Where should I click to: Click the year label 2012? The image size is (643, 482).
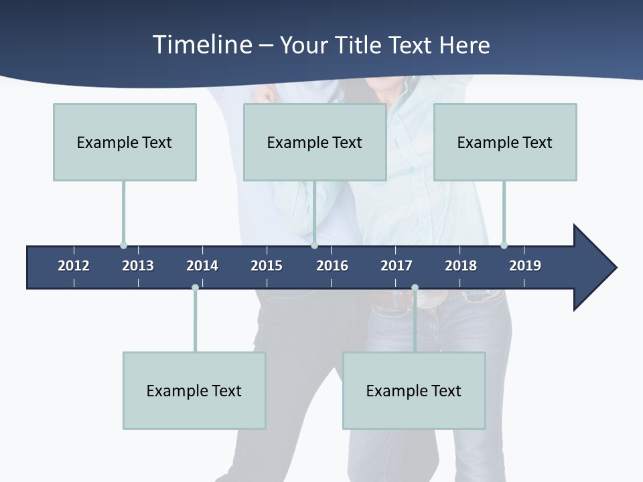coord(74,266)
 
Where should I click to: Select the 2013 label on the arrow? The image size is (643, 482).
coord(138,266)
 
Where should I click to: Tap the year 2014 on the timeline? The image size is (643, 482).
coord(202,266)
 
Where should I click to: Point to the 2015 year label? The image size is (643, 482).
coord(267,266)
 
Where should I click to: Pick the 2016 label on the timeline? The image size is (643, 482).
coord(332,266)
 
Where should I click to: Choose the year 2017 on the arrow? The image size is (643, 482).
coord(397,266)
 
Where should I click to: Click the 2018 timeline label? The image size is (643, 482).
coord(461,266)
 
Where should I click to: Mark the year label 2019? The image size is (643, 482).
coord(525,266)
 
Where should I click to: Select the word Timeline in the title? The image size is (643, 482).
coord(202,45)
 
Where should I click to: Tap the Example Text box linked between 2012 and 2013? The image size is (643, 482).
coord(125,142)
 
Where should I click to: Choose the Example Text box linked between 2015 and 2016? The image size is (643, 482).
coord(315,142)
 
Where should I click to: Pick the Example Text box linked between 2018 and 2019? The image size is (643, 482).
coord(505,142)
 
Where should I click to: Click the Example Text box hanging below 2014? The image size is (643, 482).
coord(194,390)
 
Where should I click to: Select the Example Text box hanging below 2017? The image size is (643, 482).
coord(414,390)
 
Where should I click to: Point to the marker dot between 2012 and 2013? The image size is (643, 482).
coord(123,245)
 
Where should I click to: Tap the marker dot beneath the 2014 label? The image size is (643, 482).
coord(195,288)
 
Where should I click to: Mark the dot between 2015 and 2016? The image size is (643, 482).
coord(314,245)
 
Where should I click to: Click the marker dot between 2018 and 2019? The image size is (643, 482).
coord(504,245)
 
